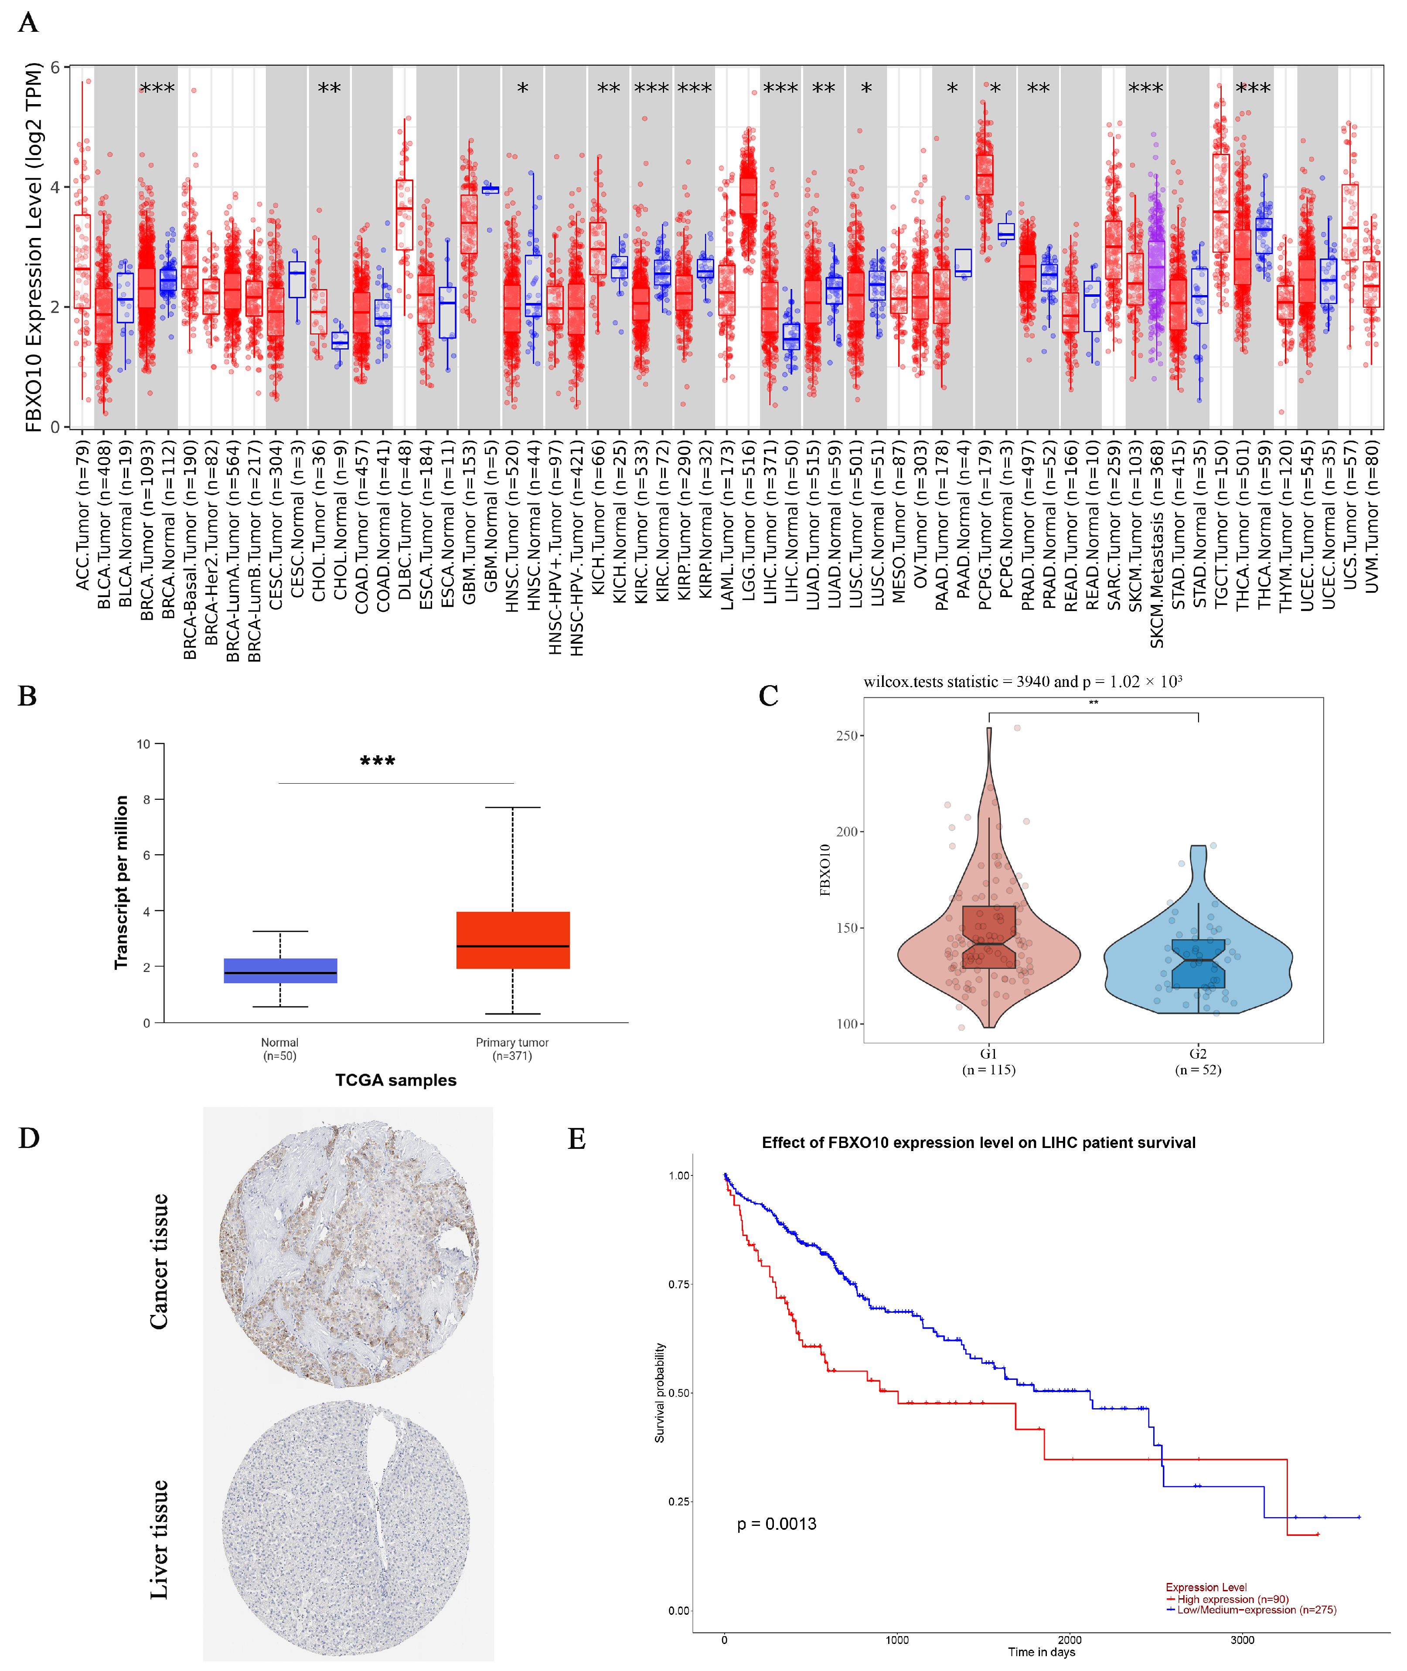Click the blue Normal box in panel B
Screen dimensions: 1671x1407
[280, 970]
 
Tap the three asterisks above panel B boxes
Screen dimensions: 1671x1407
[377, 761]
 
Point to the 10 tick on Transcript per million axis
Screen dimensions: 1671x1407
[143, 744]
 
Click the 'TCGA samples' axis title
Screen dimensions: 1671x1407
[395, 1080]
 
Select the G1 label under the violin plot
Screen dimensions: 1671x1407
[988, 1053]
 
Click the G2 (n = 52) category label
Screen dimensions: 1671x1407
[1198, 1061]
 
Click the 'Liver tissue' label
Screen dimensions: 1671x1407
[160, 1539]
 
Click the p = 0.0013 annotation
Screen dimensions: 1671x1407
[776, 1524]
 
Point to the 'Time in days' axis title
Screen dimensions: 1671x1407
[1041, 1652]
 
